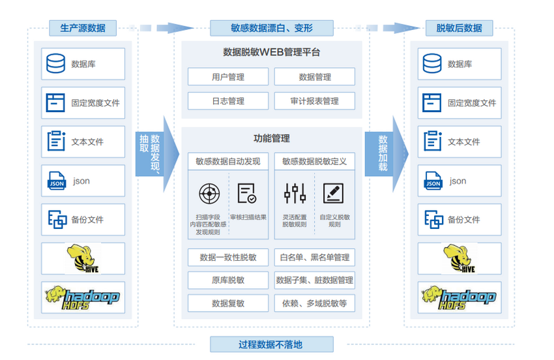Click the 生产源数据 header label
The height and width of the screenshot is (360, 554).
point(83,28)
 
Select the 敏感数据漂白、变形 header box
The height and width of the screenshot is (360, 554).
point(271,28)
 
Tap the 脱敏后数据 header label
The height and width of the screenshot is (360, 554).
point(459,28)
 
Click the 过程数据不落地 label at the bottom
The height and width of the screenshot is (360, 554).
point(271,344)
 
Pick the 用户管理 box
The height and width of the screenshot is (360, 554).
point(228,77)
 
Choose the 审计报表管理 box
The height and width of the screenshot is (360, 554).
point(315,101)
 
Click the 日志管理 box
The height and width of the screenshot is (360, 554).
point(228,101)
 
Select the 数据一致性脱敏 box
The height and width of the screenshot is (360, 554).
point(228,257)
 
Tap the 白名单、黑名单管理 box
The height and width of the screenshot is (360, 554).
point(315,257)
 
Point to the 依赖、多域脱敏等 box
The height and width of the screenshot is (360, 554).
point(315,303)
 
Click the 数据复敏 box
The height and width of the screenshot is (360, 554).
point(228,303)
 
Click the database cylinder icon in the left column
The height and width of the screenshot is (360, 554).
point(56,64)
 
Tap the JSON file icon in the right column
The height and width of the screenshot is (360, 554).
point(433,181)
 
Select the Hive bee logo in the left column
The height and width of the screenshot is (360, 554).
point(83,258)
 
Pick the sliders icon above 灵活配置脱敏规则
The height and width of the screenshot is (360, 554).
point(295,193)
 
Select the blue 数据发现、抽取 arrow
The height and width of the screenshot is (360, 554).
point(155,154)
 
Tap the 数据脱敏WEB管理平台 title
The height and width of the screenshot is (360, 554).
point(271,52)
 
